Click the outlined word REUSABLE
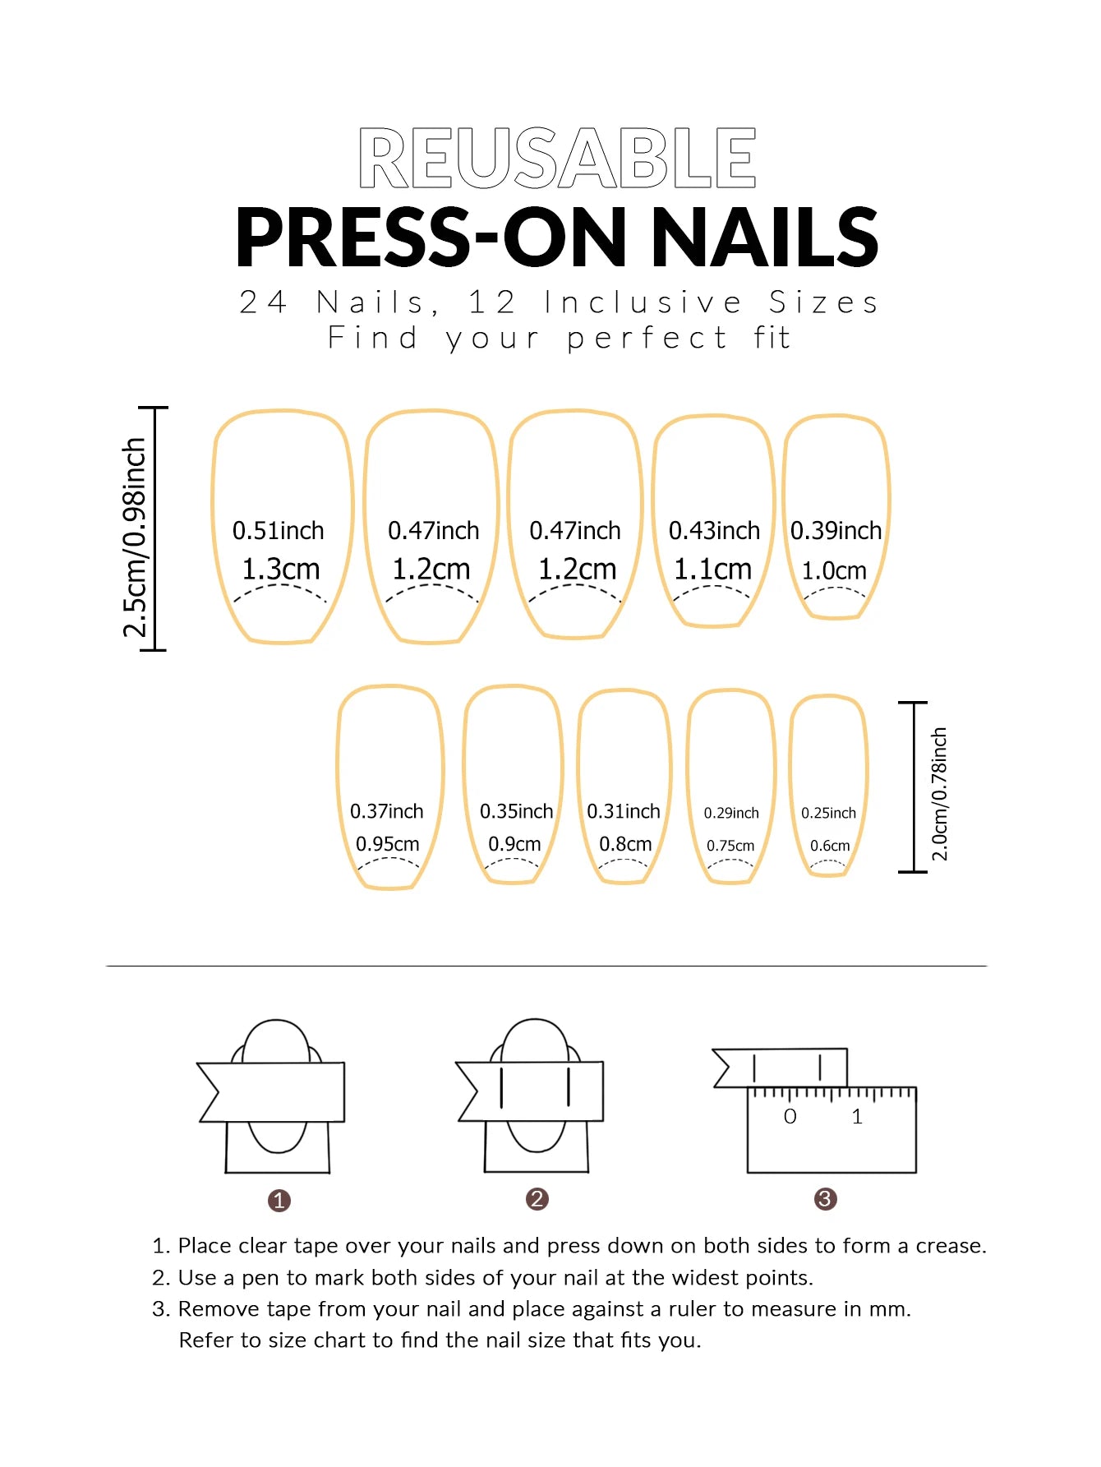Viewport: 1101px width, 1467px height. [x=557, y=158]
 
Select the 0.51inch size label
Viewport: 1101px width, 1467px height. [x=279, y=531]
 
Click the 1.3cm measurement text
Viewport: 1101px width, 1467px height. [x=280, y=569]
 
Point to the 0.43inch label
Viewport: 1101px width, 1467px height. [x=714, y=531]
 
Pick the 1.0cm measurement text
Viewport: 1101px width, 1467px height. [x=834, y=570]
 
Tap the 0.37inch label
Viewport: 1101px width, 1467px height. [x=387, y=812]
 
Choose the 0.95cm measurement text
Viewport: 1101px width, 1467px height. [x=387, y=844]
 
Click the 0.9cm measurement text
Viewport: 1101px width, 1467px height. [x=514, y=844]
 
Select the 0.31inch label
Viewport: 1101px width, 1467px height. [x=624, y=812]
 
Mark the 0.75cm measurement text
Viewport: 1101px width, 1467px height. [x=730, y=846]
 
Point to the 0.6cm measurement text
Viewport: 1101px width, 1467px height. [x=830, y=846]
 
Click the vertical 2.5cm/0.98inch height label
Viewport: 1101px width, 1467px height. [x=134, y=537]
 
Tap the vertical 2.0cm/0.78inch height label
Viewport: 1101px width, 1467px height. [x=939, y=794]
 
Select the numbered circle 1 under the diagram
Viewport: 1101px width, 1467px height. [x=279, y=1201]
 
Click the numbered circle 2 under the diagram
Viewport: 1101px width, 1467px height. [x=537, y=1199]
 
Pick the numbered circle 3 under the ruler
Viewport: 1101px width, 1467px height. [x=825, y=1199]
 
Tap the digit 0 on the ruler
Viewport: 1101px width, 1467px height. [x=790, y=1117]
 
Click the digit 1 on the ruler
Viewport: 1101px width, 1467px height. [x=857, y=1117]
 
